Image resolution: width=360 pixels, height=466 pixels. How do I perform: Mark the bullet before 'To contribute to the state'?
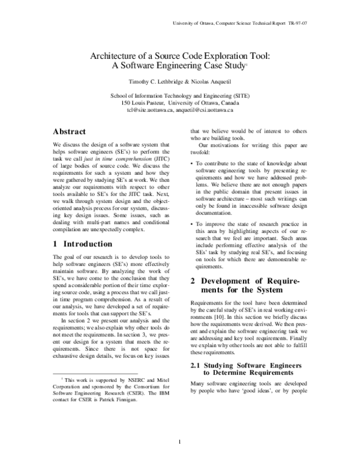pyautogui.click(x=191, y=163)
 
